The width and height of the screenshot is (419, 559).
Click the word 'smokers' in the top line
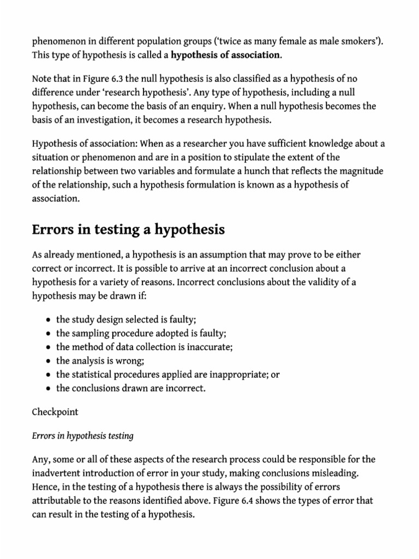pyautogui.click(x=356, y=40)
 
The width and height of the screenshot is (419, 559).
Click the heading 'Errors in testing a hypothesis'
pyautogui.click(x=129, y=230)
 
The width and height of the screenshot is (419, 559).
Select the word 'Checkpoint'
pyautogui.click(x=55, y=412)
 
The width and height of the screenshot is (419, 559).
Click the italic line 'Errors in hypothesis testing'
pyautogui.click(x=83, y=436)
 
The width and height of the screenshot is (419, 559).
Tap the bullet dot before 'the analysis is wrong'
pyautogui.click(x=50, y=361)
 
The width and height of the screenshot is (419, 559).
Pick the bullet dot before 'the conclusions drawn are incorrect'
pyautogui.click(x=50, y=389)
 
